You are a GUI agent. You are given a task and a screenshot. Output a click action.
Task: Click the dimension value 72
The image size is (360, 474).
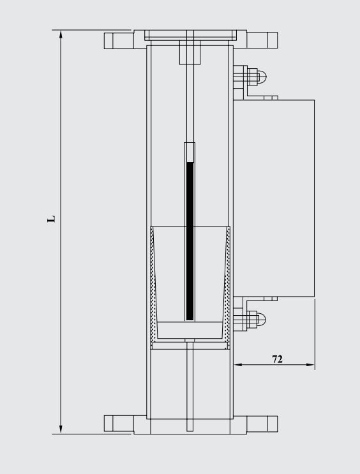[x=278, y=359]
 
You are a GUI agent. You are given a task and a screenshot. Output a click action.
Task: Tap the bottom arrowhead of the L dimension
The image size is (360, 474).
[x=61, y=429]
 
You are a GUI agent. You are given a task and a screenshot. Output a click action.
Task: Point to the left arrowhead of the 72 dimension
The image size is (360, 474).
[x=237, y=365]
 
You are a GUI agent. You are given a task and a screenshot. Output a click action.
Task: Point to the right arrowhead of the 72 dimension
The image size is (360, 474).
[x=311, y=365]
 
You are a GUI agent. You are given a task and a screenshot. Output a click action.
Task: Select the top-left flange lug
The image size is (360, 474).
[x=119, y=40]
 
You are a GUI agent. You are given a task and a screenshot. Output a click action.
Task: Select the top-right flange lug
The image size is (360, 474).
[x=262, y=40]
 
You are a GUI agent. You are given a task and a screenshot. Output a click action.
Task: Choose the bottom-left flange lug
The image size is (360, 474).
[x=119, y=423]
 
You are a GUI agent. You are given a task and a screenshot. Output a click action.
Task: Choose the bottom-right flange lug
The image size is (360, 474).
[x=262, y=423]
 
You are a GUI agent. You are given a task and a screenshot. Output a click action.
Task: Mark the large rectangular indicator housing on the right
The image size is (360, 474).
[x=283, y=198]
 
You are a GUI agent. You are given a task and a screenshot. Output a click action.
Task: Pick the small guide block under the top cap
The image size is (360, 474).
[x=190, y=52]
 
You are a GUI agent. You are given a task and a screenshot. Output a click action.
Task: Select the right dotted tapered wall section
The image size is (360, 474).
[x=226, y=287]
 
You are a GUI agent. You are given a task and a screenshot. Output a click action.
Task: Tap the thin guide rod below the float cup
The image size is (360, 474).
[x=190, y=386]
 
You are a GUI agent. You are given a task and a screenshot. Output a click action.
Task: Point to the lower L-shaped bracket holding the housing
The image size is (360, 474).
[x=262, y=298]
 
